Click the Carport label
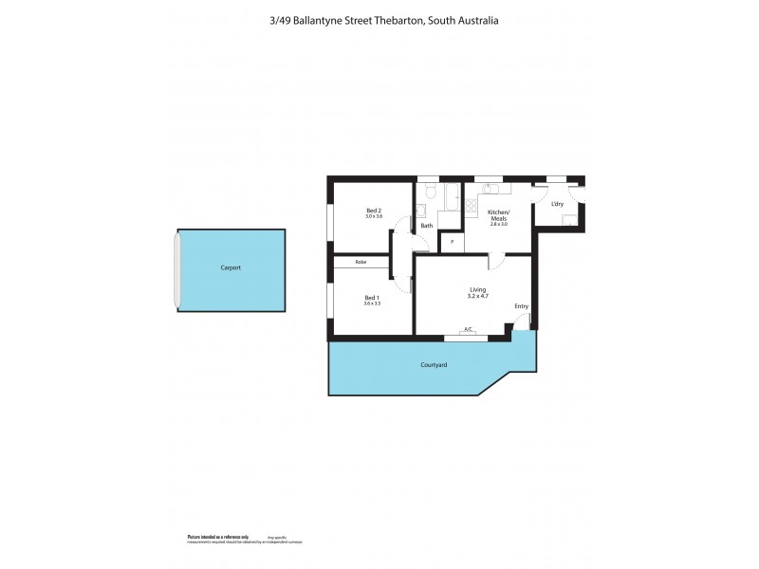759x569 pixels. click(231, 268)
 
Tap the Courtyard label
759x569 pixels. click(434, 364)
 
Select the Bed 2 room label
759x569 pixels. click(373, 211)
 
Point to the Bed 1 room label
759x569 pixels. click(372, 298)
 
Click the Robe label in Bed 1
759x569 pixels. click(361, 262)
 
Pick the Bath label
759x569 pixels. click(427, 226)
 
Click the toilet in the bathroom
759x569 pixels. click(430, 194)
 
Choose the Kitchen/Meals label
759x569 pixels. click(498, 215)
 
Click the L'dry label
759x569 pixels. click(558, 204)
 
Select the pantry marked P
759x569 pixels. click(452, 242)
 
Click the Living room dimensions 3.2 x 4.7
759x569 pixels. click(477, 297)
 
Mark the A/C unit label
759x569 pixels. click(467, 330)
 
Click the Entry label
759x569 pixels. click(521, 306)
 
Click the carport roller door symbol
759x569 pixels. click(176, 269)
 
